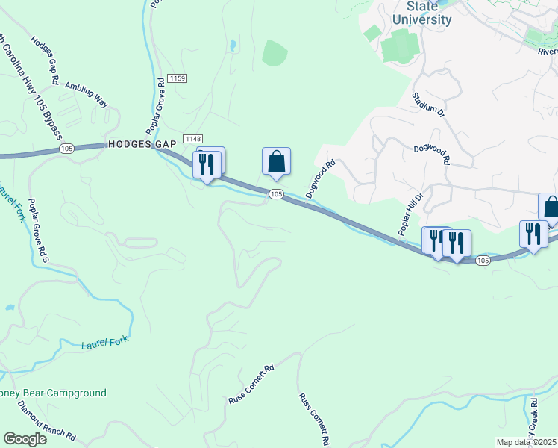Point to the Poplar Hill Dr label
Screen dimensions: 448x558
click(x=410, y=214)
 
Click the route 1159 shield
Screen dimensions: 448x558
click(x=177, y=78)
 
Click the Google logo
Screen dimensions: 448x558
click(x=25, y=440)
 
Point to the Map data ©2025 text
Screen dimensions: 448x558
click(x=525, y=442)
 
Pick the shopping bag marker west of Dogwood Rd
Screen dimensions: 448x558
click(x=276, y=162)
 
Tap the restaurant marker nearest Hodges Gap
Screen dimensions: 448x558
click(x=207, y=164)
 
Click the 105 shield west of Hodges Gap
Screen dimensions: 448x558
click(x=67, y=149)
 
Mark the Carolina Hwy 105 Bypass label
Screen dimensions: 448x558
click(x=34, y=82)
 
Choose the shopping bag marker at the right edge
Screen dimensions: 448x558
click(x=550, y=207)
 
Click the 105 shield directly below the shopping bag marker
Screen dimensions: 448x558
click(x=276, y=194)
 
